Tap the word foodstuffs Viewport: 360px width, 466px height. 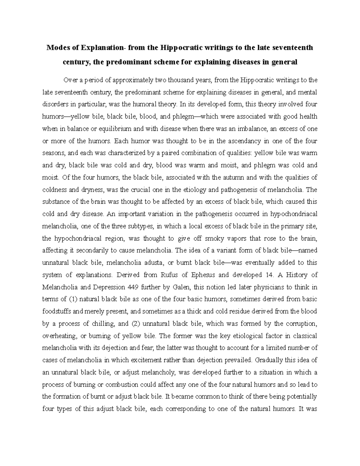57,311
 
